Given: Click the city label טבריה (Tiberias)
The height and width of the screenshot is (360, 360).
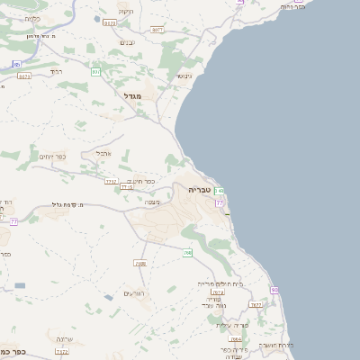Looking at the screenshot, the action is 199,190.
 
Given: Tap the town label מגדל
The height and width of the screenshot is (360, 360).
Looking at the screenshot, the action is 133,95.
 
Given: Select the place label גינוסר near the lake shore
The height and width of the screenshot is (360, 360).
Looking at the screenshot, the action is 183,76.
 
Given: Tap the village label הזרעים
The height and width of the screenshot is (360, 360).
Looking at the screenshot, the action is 133,293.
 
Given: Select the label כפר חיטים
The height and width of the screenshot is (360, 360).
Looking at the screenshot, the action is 141,181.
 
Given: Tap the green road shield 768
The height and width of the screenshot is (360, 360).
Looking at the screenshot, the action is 187,253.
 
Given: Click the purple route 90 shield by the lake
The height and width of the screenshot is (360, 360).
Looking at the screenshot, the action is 274,290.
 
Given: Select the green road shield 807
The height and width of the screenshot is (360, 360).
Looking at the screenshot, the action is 95,71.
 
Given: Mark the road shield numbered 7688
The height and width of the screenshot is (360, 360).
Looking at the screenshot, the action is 139,264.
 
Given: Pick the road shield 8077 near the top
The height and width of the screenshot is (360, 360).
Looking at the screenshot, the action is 157,30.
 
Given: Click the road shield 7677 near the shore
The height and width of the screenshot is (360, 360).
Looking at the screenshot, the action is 256,305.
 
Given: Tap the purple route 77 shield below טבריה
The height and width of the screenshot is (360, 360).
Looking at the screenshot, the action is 220,203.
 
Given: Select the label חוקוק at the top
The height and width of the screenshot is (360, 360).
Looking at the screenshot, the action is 125,12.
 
